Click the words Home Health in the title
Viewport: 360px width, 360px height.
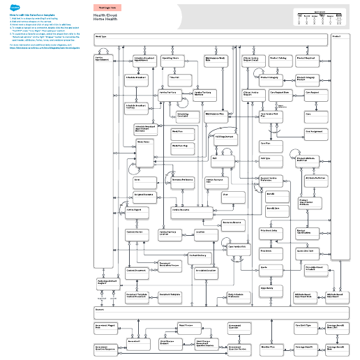[x=103, y=19]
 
